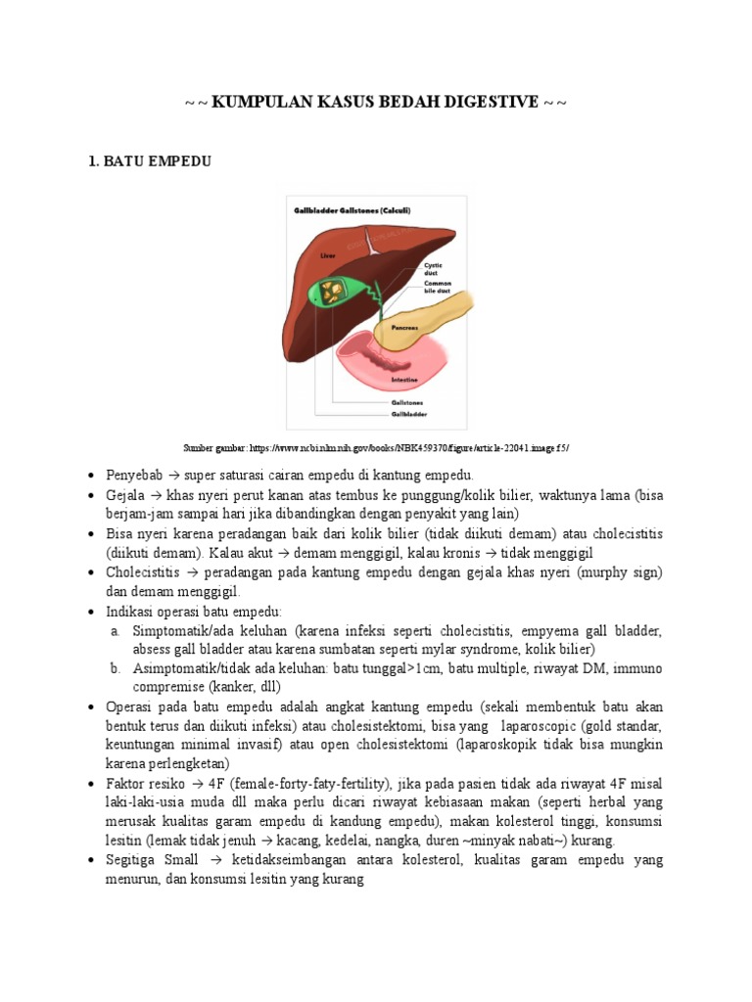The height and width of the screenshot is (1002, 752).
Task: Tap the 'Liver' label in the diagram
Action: tap(327, 255)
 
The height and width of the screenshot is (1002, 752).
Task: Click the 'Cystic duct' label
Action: tap(433, 268)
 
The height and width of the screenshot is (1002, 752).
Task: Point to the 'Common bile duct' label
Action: tap(437, 287)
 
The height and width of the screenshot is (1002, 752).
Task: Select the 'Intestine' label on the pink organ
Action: tap(404, 379)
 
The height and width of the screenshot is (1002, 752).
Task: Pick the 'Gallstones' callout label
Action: tap(408, 402)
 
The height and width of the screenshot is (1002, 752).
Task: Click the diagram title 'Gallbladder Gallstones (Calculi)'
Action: tap(352, 209)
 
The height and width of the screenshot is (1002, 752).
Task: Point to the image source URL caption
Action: tap(376, 447)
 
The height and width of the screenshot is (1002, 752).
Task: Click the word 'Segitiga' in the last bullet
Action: tap(133, 860)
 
